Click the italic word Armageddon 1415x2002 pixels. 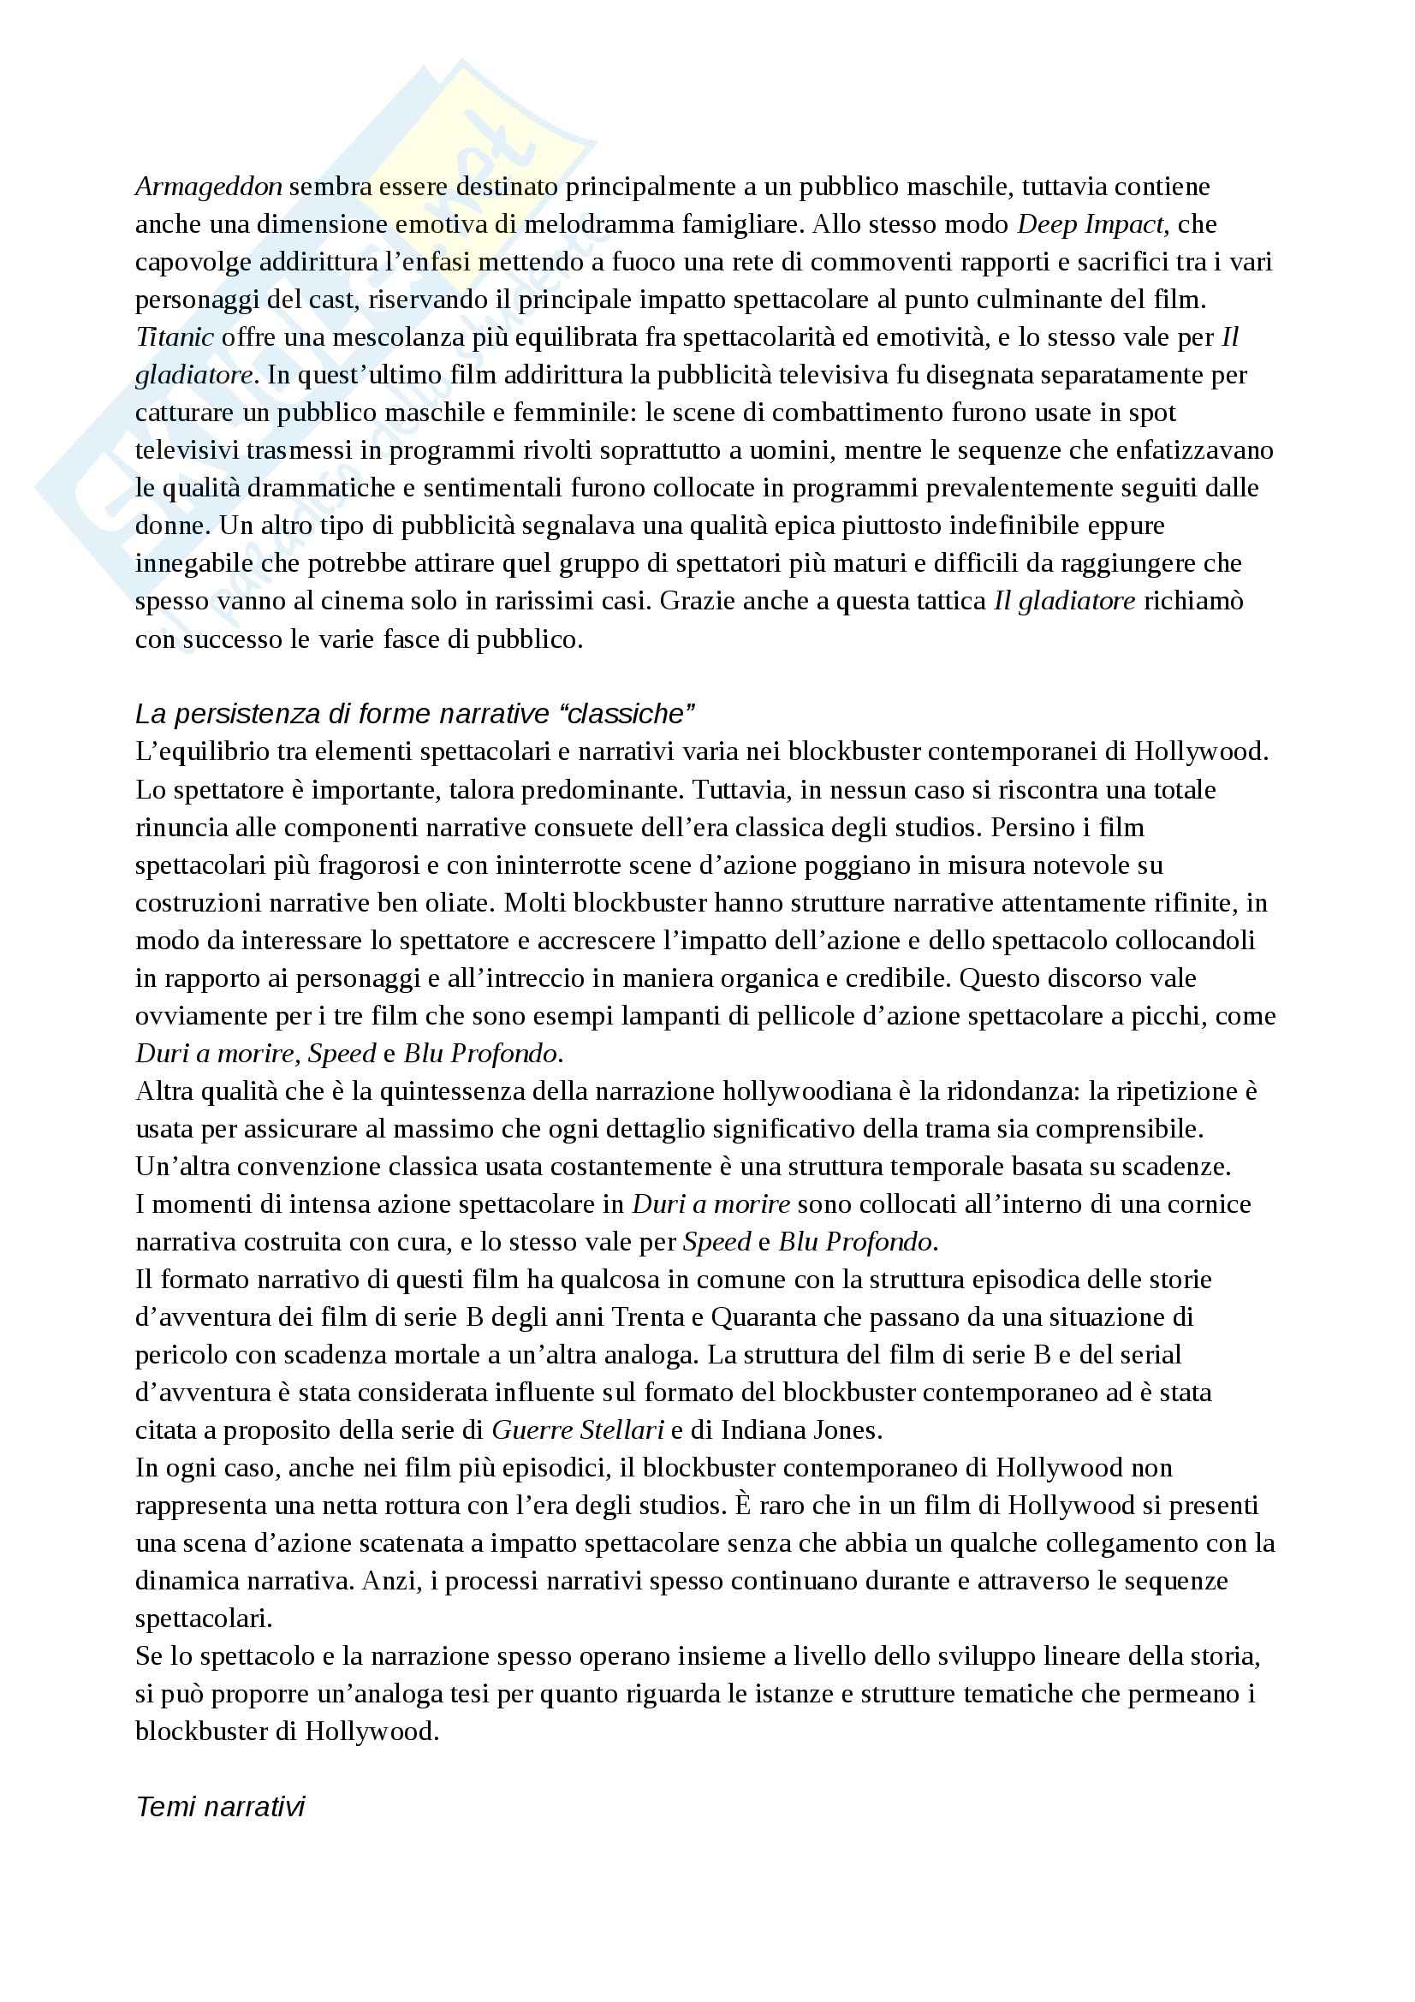(x=208, y=187)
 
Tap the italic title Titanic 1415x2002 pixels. (x=175, y=337)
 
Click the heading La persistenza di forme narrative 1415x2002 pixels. (x=414, y=714)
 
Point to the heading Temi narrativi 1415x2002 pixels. (x=221, y=1807)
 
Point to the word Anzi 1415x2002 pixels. (x=390, y=1581)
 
